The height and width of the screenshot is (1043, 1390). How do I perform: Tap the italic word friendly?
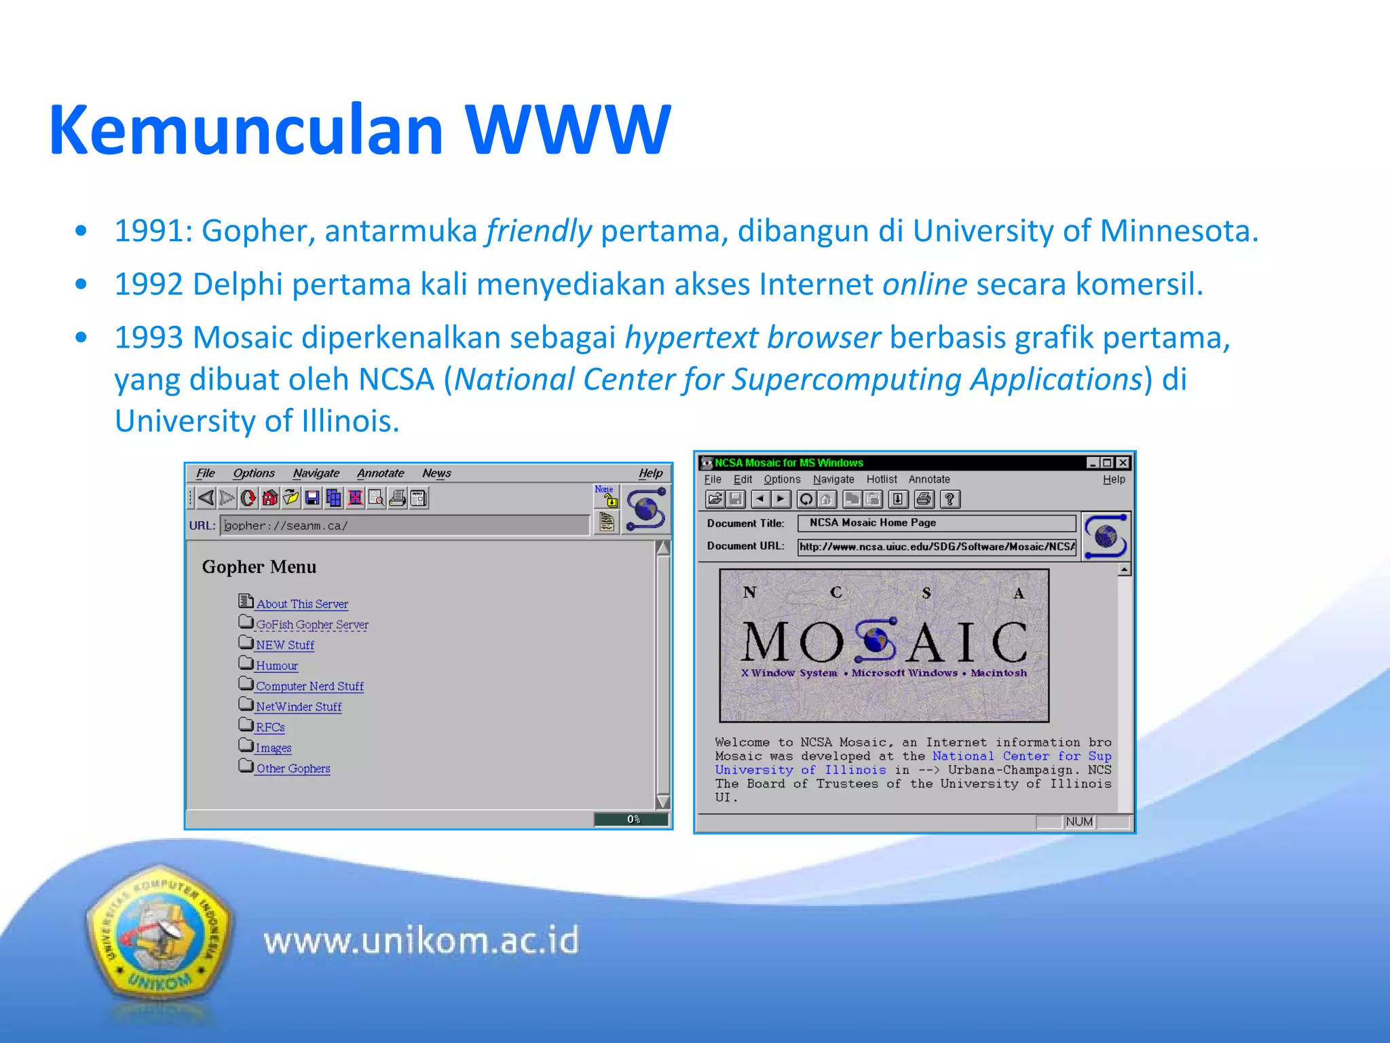[x=538, y=231]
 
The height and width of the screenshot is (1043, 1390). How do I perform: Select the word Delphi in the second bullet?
[x=237, y=284]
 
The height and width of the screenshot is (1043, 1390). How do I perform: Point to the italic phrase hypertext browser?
[x=752, y=337]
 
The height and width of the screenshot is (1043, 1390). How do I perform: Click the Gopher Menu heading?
[x=259, y=567]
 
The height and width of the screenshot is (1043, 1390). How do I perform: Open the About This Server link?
[x=302, y=604]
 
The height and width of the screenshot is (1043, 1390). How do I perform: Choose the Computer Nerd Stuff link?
[x=309, y=686]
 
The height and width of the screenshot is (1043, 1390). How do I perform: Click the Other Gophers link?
[x=293, y=768]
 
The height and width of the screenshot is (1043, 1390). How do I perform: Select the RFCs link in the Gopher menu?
[x=270, y=727]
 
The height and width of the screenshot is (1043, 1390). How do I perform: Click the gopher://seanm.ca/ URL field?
[x=405, y=526]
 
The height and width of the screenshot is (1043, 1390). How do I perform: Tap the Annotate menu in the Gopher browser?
[x=380, y=473]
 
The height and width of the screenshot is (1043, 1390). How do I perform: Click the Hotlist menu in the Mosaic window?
[x=881, y=479]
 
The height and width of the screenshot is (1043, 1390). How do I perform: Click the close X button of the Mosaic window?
[x=1123, y=463]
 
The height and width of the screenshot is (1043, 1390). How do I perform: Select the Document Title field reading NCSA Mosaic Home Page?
[x=936, y=523]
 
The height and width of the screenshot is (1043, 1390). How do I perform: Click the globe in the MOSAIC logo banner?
[x=876, y=640]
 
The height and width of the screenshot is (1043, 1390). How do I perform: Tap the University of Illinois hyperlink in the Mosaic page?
[x=800, y=770]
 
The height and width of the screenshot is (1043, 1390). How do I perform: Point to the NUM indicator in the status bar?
[x=1078, y=822]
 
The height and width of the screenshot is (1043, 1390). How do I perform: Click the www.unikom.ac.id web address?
[x=421, y=941]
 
